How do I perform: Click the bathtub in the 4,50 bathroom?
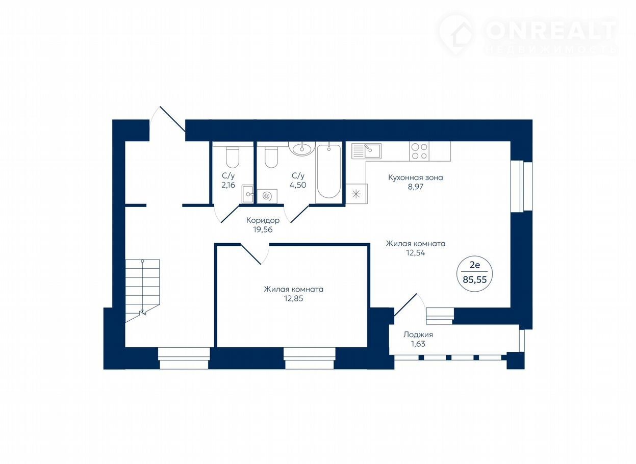[328, 171]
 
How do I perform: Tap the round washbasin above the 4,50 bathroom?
[302, 148]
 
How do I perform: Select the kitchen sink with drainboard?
[366, 151]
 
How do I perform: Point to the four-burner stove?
[419, 151]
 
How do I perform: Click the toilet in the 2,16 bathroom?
[233, 158]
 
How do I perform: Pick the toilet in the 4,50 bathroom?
[271, 157]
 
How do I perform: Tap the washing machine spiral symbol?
[267, 196]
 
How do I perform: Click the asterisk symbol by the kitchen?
[356, 194]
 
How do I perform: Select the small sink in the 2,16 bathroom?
[247, 194]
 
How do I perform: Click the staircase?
[142, 290]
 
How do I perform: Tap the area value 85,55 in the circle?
[474, 279]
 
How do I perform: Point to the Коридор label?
[263, 220]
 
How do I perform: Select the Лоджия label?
[418, 334]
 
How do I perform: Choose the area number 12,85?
[293, 299]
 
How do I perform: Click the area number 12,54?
[415, 252]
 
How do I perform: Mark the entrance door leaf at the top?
[172, 119]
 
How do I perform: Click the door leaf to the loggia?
[405, 305]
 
